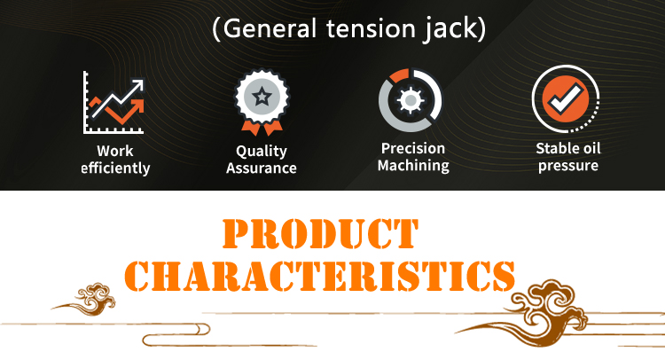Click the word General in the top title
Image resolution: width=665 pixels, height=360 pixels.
pyautogui.click(x=270, y=29)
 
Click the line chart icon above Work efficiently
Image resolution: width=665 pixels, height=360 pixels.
pyautogui.click(x=113, y=102)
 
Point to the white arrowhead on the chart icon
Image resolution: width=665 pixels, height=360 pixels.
pyautogui.click(x=137, y=85)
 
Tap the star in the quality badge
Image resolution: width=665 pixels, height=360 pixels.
pyautogui.click(x=262, y=97)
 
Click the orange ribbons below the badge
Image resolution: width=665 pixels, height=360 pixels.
pyautogui.click(x=262, y=127)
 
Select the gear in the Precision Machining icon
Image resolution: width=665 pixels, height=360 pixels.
pyautogui.click(x=411, y=100)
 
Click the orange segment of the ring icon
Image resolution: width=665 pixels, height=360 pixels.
pyautogui.click(x=399, y=75)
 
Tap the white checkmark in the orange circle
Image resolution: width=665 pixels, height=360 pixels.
pyautogui.click(x=565, y=98)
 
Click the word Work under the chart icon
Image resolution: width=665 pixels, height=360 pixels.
pyautogui.click(x=115, y=151)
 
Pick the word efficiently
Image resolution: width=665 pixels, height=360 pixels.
pyautogui.click(x=115, y=168)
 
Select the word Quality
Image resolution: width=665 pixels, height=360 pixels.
pyautogui.click(x=262, y=151)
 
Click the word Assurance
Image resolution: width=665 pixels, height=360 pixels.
pyautogui.click(x=262, y=168)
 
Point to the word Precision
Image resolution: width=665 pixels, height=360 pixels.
pyautogui.click(x=413, y=148)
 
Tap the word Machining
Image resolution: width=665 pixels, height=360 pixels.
pyautogui.click(x=413, y=166)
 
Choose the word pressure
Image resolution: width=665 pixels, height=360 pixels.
pyautogui.click(x=568, y=166)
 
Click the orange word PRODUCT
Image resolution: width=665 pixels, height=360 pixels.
pyautogui.click(x=321, y=233)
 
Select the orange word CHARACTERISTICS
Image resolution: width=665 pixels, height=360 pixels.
pyautogui.click(x=320, y=276)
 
